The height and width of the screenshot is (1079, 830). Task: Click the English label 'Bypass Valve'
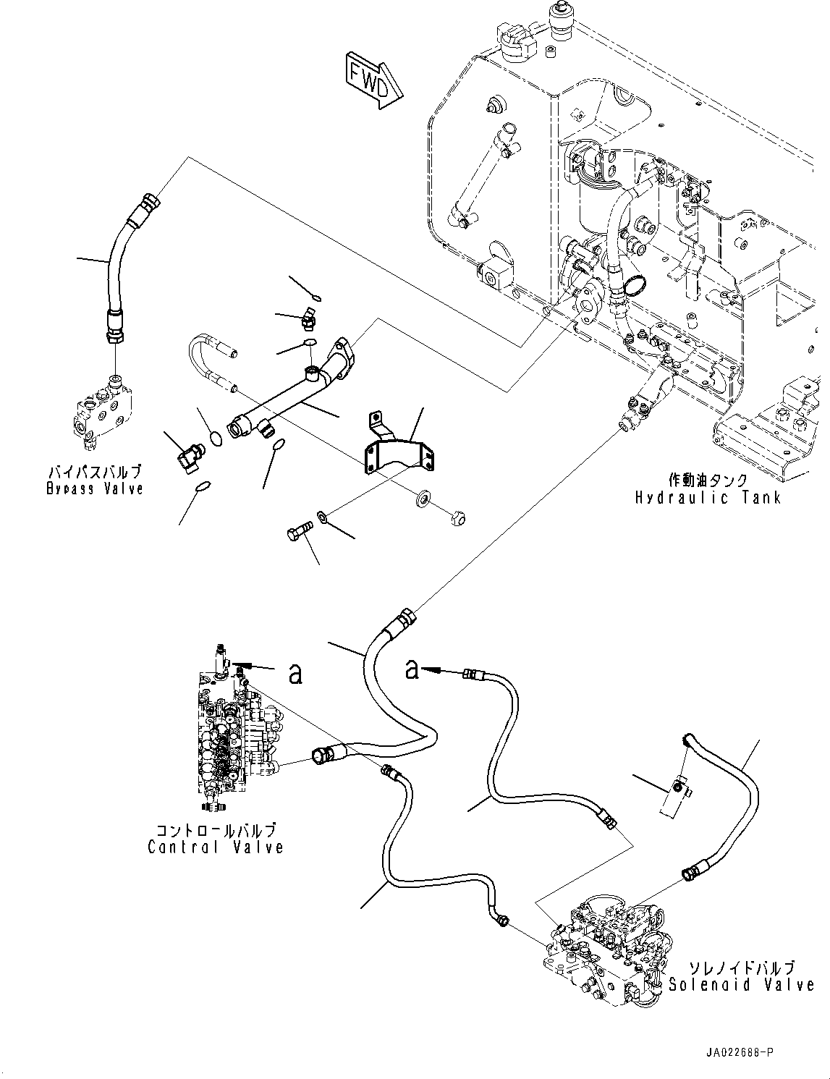(95, 488)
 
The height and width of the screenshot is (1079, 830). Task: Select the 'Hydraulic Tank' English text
(708, 497)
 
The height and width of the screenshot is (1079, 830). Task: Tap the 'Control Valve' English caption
(215, 847)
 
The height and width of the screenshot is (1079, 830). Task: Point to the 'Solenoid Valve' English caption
(741, 984)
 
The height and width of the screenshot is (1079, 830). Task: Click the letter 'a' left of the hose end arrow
(412, 670)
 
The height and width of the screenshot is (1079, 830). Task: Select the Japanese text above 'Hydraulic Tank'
(708, 480)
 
